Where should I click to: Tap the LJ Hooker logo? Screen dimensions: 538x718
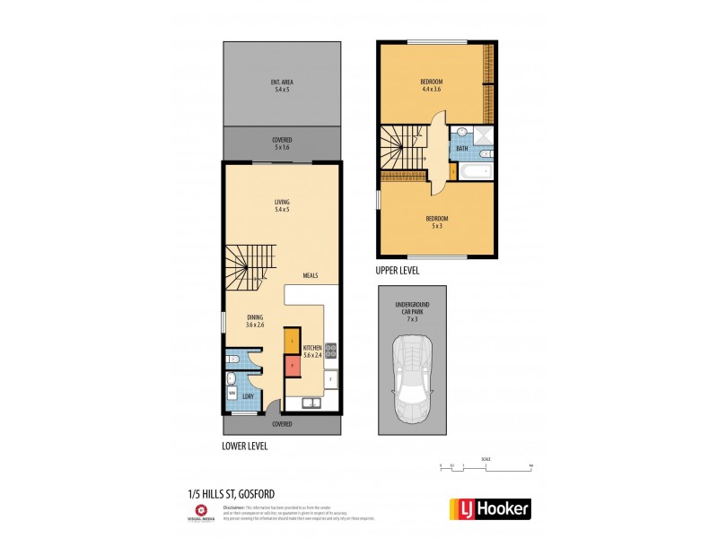[x=488, y=509]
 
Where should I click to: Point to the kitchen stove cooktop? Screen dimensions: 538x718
[x=330, y=350]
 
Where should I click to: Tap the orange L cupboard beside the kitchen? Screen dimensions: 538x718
[x=291, y=342]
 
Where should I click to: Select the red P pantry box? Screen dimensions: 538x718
[x=291, y=366]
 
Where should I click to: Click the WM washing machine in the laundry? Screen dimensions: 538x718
[x=232, y=393]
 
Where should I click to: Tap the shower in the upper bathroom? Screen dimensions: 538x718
[x=482, y=136]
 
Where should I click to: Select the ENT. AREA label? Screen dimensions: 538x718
[x=282, y=86]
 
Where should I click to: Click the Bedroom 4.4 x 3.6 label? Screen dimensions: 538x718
[x=432, y=85]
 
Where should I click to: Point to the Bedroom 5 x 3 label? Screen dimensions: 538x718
[x=437, y=221]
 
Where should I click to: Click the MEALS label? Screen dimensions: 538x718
[x=311, y=275]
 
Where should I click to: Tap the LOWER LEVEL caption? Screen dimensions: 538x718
[x=244, y=446]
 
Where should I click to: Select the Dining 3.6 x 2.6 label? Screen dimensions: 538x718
[x=257, y=320]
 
